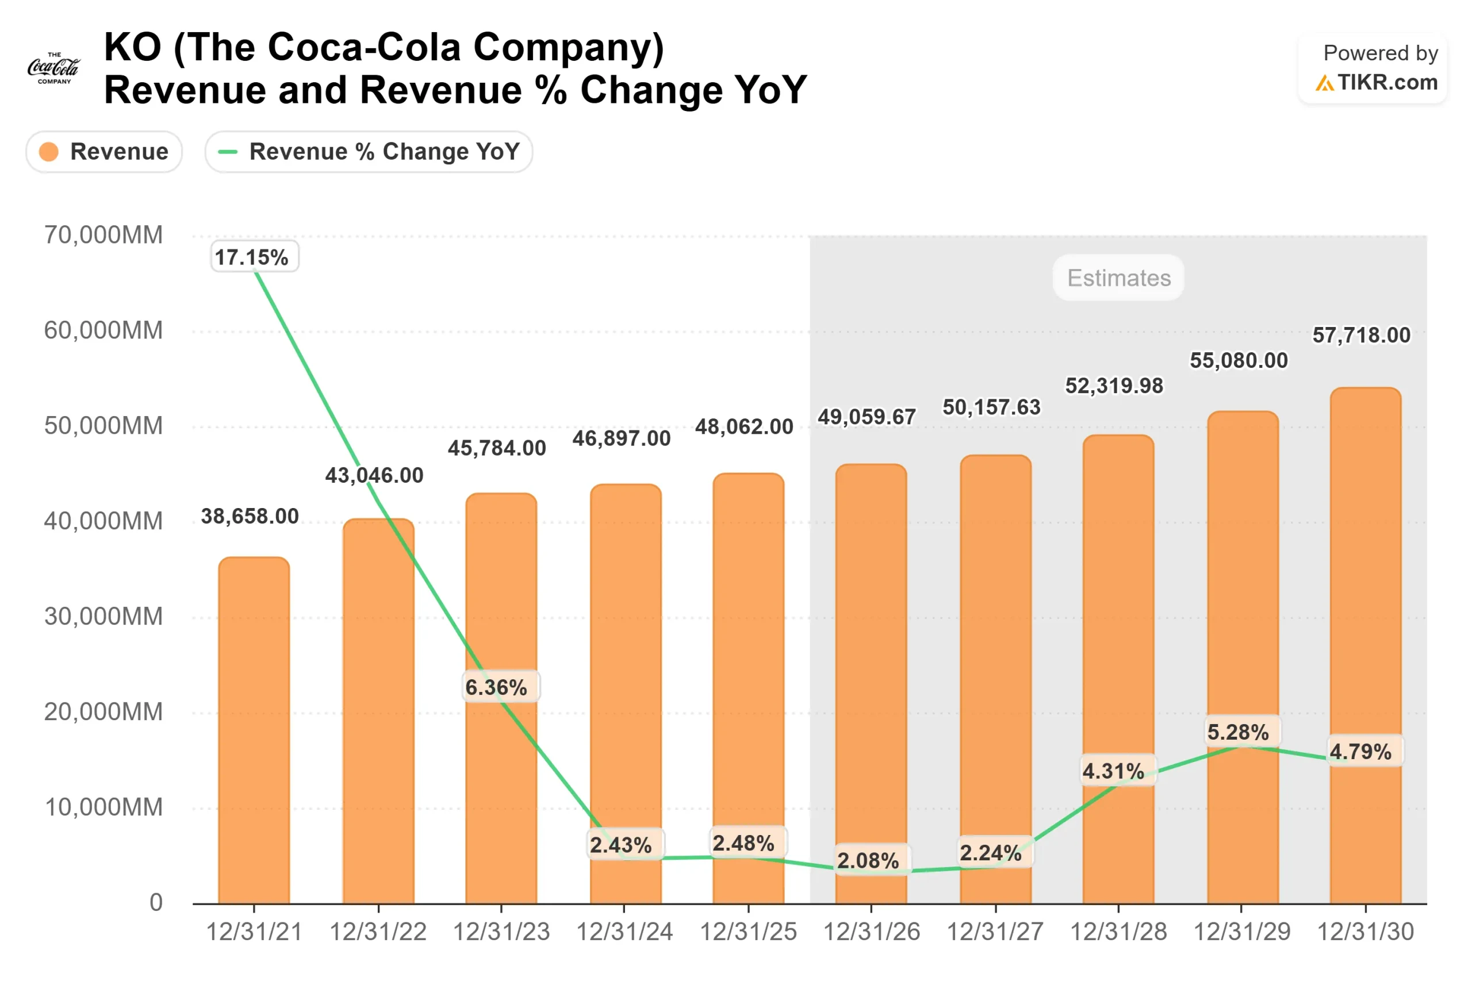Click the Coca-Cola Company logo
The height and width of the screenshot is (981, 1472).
54,68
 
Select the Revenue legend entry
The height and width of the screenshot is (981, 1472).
104,151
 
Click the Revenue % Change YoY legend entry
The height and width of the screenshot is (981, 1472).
369,151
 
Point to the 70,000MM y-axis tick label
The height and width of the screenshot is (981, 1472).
103,235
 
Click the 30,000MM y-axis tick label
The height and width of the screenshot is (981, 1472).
103,616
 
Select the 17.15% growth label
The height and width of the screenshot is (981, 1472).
254,256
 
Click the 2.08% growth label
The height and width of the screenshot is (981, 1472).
871,860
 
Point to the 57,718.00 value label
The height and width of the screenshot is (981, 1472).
1361,336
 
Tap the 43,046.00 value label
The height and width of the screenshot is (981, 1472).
374,475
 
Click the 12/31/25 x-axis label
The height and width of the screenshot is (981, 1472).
748,932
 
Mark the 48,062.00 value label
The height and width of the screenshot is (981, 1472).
744,426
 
